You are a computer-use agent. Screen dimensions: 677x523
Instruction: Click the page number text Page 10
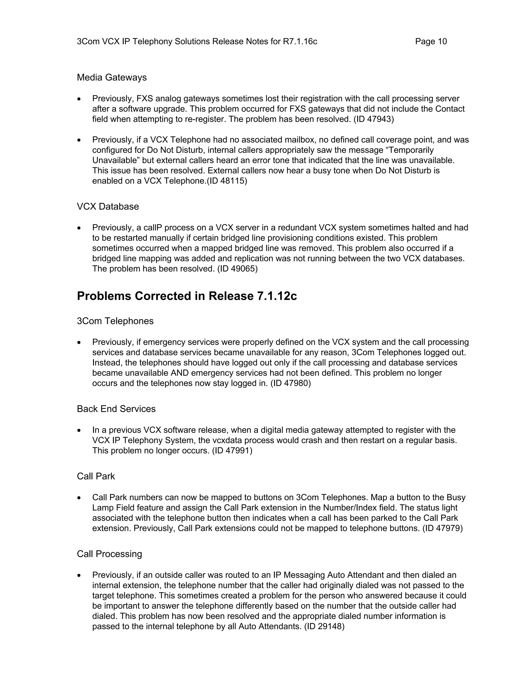431,42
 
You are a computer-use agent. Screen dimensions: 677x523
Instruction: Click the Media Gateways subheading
112,77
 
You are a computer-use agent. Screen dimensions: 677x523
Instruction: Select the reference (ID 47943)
373,119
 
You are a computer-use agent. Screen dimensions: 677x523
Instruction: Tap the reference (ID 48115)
227,181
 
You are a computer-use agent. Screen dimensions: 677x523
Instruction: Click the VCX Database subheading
108,206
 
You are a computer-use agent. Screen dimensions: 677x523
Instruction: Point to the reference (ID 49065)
237,269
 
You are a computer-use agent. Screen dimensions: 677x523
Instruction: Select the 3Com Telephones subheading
115,321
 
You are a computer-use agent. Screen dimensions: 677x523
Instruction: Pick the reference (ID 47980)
290,383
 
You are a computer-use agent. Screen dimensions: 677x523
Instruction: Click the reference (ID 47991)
232,450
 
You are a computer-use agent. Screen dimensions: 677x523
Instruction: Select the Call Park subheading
96,476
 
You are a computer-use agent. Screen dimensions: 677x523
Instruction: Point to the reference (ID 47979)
443,528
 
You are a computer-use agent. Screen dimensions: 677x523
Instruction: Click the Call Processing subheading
109,554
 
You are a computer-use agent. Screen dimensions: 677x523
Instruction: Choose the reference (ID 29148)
324,626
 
